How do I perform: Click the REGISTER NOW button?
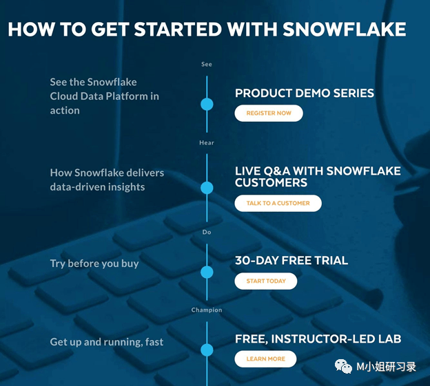pyautogui.click(x=269, y=113)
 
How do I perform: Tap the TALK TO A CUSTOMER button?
pyautogui.click(x=278, y=203)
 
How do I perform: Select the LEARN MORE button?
pyautogui.click(x=265, y=358)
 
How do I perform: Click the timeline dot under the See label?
pyautogui.click(x=207, y=105)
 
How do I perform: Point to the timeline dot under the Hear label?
pyautogui.click(x=207, y=188)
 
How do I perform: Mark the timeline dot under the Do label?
pyautogui.click(x=207, y=272)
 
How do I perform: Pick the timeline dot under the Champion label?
pyautogui.click(x=207, y=350)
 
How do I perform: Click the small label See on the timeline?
pyautogui.click(x=207, y=65)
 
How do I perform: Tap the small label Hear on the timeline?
pyautogui.click(x=207, y=143)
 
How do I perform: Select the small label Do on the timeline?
pyautogui.click(x=207, y=233)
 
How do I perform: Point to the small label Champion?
pyautogui.click(x=207, y=310)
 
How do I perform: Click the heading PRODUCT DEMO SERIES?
pyautogui.click(x=305, y=94)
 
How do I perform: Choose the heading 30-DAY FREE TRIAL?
pyautogui.click(x=291, y=261)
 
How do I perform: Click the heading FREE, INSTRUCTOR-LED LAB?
pyautogui.click(x=318, y=339)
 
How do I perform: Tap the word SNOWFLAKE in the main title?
pyautogui.click(x=343, y=30)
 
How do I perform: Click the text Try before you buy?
pyautogui.click(x=94, y=264)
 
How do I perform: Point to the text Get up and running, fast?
pyautogui.click(x=107, y=342)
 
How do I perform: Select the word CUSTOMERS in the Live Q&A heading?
pyautogui.click(x=271, y=183)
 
